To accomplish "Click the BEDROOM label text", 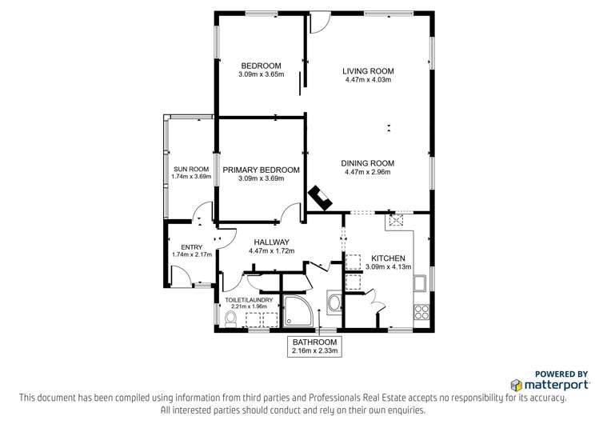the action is tap(261, 66).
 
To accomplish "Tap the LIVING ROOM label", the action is tap(368, 71).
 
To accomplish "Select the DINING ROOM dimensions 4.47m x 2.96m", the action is tap(368, 172).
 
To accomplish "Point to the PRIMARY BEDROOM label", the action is tap(261, 170).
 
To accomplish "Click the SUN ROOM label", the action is tap(191, 170).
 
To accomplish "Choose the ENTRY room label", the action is tap(192, 247).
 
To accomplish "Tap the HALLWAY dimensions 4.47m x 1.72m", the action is tap(272, 251).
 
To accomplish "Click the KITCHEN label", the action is tap(388, 258).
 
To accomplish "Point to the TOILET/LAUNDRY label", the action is tap(249, 300).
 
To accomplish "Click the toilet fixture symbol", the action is tap(231, 319).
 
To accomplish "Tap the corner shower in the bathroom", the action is tap(298, 311).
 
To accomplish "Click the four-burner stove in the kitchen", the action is tap(421, 311).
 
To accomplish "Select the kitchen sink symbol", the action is tap(420, 282).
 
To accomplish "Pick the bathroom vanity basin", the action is tap(336, 302).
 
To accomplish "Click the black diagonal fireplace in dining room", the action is tap(320, 198).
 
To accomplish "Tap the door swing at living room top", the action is tap(320, 23).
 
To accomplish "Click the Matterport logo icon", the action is tap(516, 385).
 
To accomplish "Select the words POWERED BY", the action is tap(561, 374).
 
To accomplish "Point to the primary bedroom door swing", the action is tap(291, 213).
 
